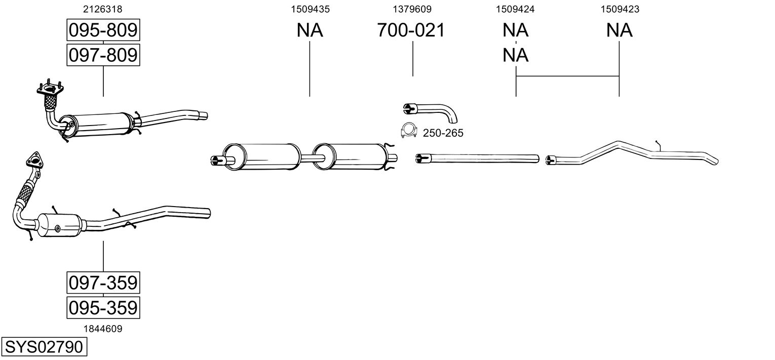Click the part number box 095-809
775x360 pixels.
pos(103,30)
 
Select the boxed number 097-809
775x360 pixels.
pos(103,55)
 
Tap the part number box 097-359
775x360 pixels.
pos(103,283)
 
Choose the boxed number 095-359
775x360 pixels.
pos(103,307)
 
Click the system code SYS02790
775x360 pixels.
pos(44,347)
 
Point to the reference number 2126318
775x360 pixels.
pos(103,9)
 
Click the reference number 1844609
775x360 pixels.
pos(103,329)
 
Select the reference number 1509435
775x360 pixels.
pos(310,9)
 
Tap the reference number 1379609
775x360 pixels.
pos(412,9)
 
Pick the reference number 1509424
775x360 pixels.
pos(515,9)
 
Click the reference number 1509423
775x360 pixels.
pos(619,9)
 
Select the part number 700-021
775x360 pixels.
pos(411,30)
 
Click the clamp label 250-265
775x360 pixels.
pos(443,133)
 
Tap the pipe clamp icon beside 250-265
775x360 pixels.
pos(409,131)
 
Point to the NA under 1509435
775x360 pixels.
pos(309,30)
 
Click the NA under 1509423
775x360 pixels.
pos(619,30)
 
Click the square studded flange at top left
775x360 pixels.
pos(50,89)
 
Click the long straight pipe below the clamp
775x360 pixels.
pos(478,158)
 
